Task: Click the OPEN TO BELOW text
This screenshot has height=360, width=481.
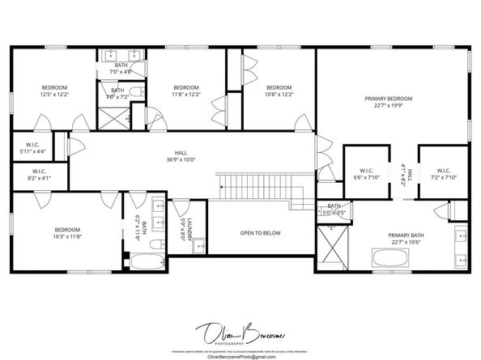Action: coord(260,233)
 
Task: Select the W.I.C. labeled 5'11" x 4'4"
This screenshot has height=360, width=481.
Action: coord(32,148)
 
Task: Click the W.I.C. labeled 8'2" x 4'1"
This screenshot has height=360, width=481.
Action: coord(40,174)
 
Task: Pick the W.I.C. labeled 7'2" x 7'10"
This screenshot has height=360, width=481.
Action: coord(443,173)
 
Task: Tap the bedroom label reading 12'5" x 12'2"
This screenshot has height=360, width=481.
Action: coord(55,91)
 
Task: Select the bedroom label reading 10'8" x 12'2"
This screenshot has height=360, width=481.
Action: coord(279,91)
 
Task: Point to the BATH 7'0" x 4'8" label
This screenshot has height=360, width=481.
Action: coord(121,69)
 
